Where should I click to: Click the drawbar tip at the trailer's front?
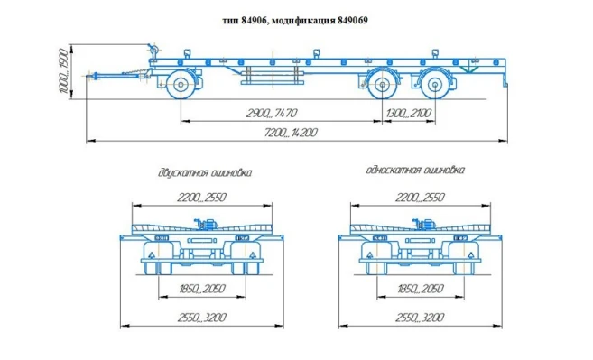pyautogui.click(x=89, y=75)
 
